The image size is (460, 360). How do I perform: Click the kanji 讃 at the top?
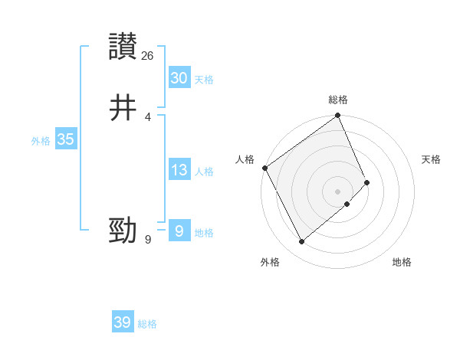[123, 46]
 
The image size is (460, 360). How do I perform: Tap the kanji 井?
[123, 107]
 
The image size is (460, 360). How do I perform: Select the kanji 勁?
[123, 230]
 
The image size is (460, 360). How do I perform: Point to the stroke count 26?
[148, 55]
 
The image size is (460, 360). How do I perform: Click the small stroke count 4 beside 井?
[148, 117]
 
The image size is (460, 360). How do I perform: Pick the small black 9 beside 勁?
[148, 240]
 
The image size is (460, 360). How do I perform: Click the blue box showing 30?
[179, 77]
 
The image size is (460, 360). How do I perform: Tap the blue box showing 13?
[179, 169]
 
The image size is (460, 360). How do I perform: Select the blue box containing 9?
[179, 231]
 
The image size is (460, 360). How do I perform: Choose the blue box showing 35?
[65, 139]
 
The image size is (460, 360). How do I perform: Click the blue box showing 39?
[122, 322]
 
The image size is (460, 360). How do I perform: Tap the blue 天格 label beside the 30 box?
[204, 80]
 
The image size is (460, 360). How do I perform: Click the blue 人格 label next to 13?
[204, 172]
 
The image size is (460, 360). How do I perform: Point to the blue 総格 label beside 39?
[147, 325]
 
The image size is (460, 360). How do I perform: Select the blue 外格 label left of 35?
[41, 141]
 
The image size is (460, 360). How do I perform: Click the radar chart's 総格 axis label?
[338, 100]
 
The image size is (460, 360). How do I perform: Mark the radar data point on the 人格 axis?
[264, 168]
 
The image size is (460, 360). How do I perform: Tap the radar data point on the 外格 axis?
[301, 242]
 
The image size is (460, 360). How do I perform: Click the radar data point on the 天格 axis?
[367, 182]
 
